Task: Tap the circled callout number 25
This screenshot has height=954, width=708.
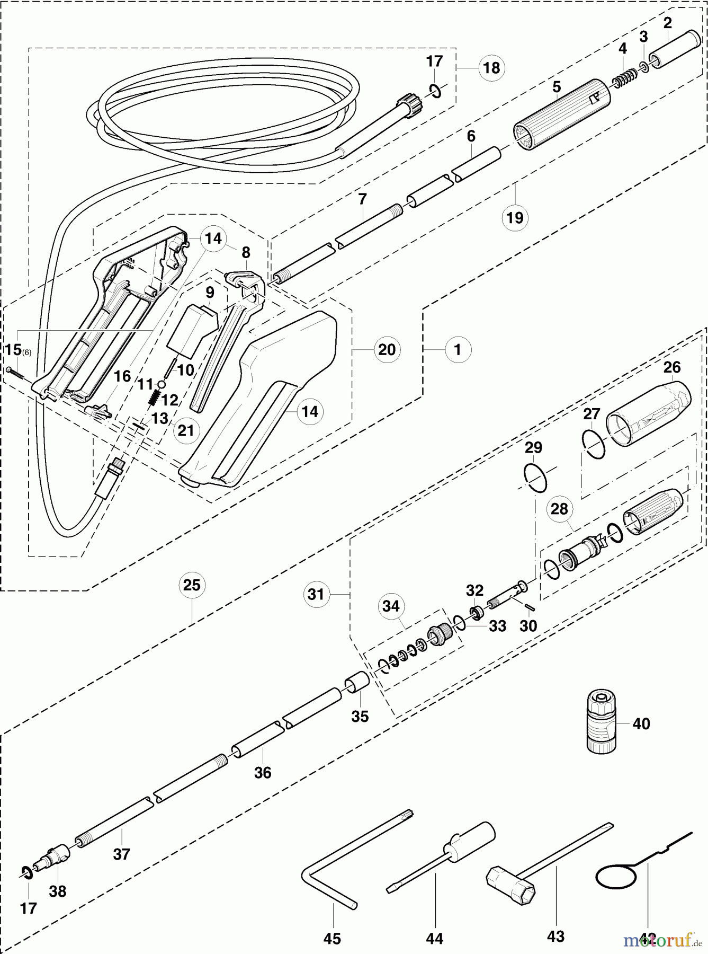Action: pos(192,585)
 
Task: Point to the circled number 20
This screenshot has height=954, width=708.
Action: pos(387,349)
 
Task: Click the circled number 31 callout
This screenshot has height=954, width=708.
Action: pos(316,594)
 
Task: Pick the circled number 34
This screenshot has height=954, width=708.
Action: pos(391,606)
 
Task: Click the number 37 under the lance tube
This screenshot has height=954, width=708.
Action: pos(121,854)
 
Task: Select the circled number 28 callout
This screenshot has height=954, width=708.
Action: pos(559,509)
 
